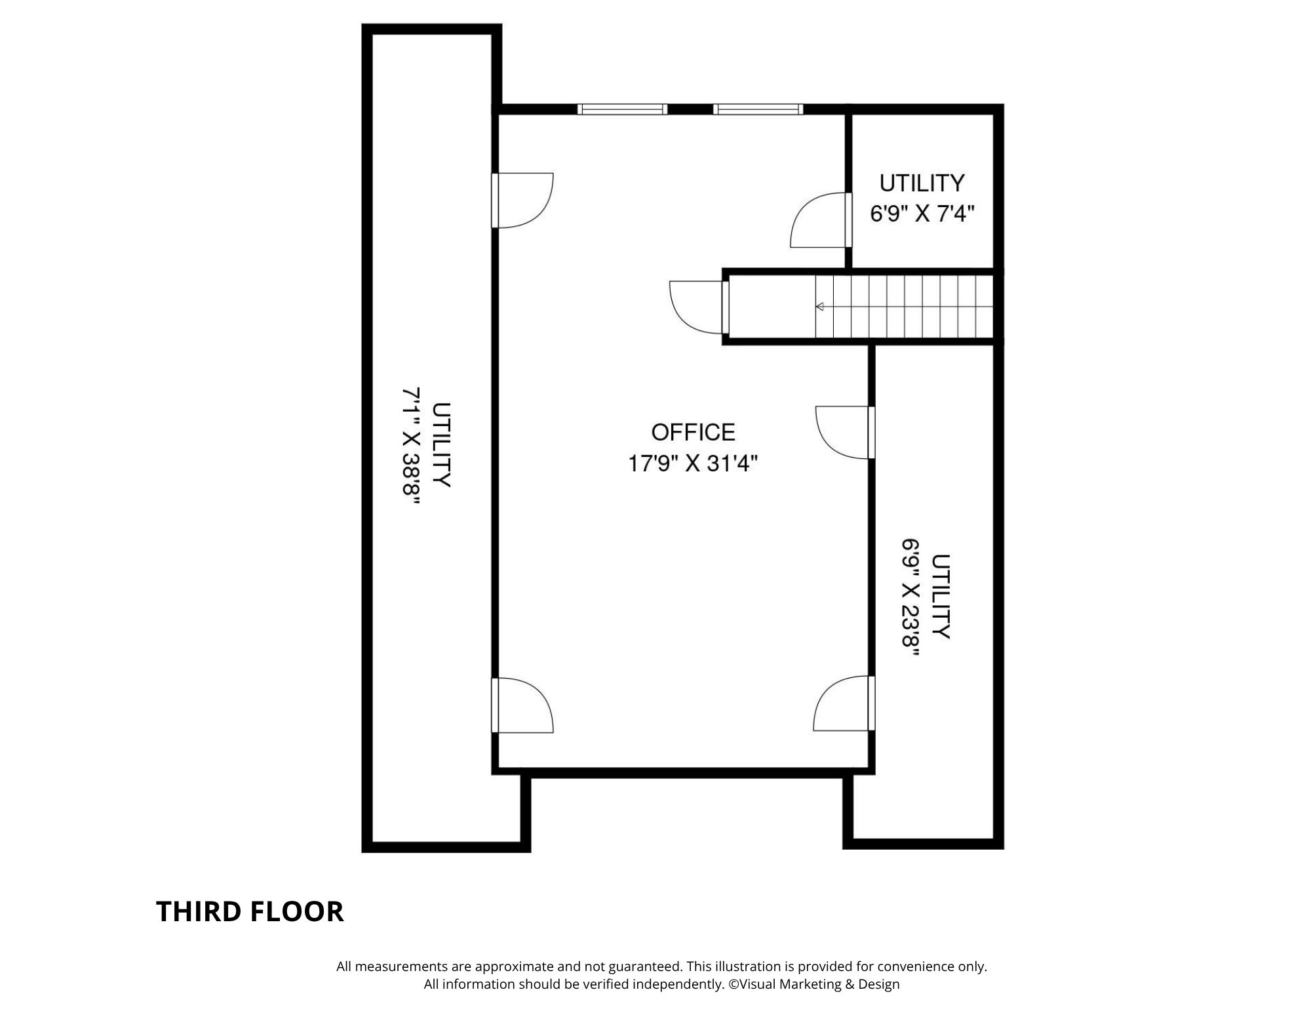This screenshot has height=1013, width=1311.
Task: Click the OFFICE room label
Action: coord(693,432)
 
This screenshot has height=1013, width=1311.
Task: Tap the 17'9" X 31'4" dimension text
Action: coord(693,464)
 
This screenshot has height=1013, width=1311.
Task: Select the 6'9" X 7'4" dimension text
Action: coord(922,214)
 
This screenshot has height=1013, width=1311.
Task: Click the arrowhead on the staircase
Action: coord(819,306)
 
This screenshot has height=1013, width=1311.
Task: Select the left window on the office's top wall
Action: coord(622,109)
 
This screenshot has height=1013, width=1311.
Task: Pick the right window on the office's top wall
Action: coord(758,109)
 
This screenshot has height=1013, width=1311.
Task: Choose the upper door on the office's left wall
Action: coord(522,200)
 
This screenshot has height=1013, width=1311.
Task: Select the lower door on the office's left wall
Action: coord(522,705)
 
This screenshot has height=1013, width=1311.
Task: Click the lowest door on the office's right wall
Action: coord(844,703)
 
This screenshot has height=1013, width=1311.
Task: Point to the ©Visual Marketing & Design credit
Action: coord(814,984)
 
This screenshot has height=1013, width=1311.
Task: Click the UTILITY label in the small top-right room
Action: coord(922,183)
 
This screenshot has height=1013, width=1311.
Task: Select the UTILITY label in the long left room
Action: coord(442,445)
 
